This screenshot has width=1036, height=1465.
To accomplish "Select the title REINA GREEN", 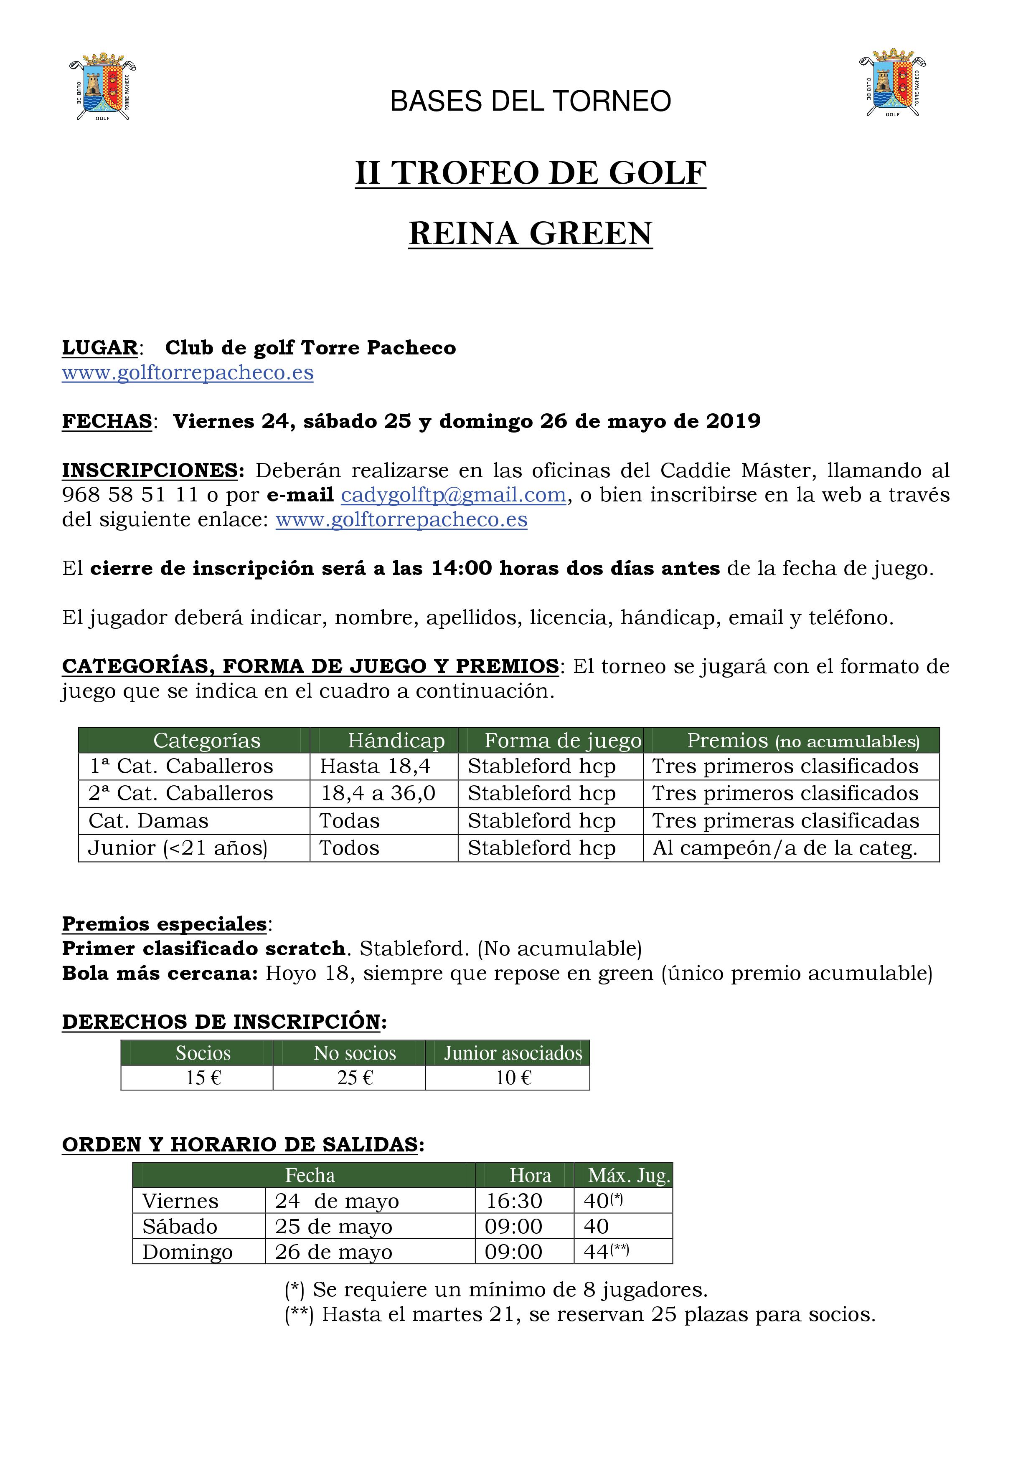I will tap(531, 233).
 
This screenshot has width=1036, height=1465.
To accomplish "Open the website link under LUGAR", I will tap(188, 373).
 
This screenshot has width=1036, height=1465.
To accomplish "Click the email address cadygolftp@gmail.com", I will tap(454, 495).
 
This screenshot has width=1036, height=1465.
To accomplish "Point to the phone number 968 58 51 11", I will tap(130, 495).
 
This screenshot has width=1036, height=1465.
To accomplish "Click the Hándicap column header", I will tap(396, 741).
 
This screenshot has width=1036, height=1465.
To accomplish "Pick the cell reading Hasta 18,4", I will tap(375, 767).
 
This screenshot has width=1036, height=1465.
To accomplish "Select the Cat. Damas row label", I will tap(148, 821).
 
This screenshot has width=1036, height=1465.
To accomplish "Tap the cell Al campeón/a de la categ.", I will tap(785, 849).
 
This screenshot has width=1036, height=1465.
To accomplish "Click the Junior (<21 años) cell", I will tap(178, 849).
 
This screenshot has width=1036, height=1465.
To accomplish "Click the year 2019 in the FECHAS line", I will tap(734, 422).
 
